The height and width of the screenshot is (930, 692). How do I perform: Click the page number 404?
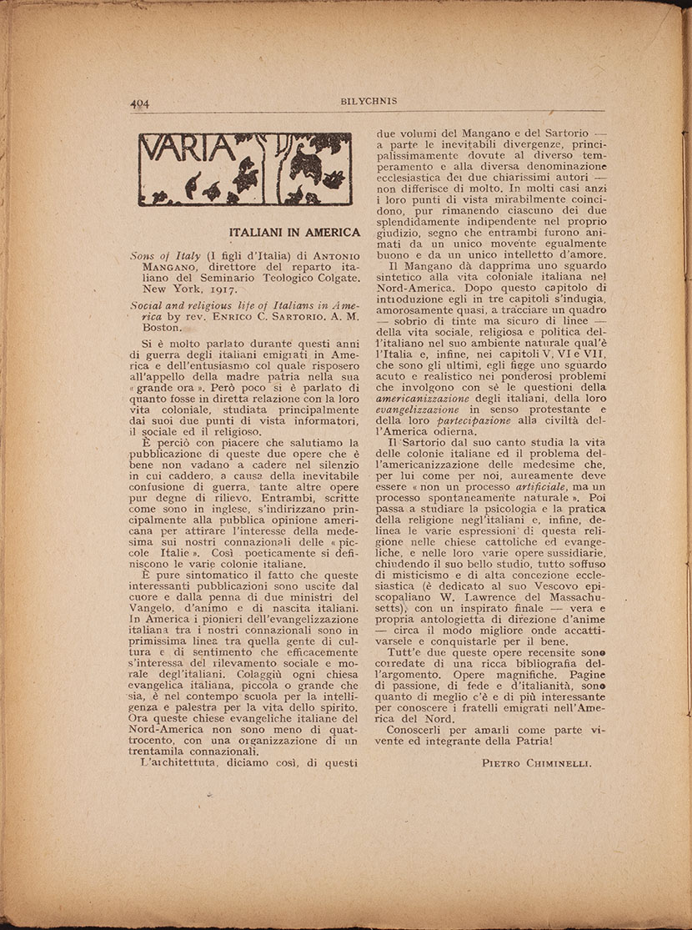pyautogui.click(x=139, y=103)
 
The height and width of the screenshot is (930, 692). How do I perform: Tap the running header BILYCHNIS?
pyautogui.click(x=369, y=101)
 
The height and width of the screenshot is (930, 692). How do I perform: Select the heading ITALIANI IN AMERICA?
pyautogui.click(x=293, y=232)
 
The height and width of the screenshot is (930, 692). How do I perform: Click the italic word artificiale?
pyautogui.click(x=522, y=485)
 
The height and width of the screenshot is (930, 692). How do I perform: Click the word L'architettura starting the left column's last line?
pyautogui.click(x=174, y=761)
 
